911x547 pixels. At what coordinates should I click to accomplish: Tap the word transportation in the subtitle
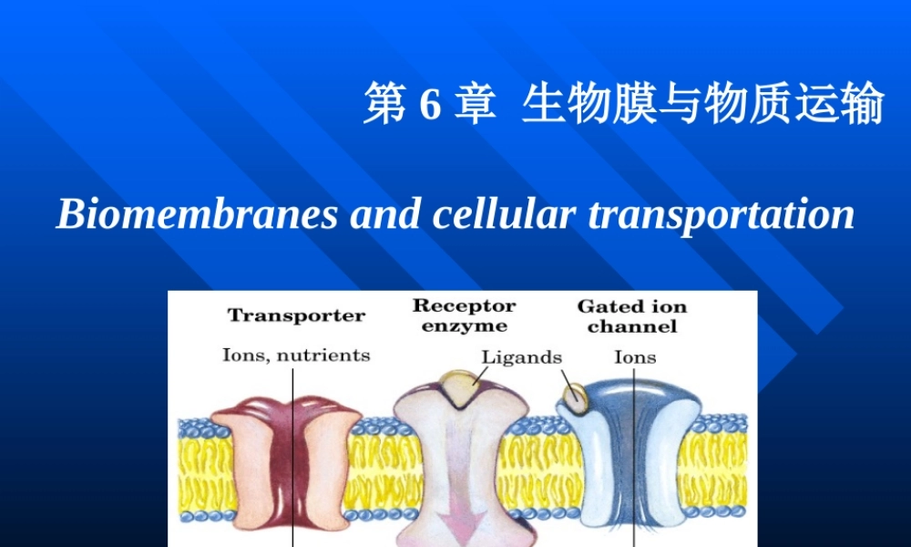[x=722, y=215]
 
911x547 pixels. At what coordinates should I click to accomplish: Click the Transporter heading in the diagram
[x=296, y=316]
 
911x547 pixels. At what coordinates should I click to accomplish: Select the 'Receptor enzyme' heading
[x=465, y=315]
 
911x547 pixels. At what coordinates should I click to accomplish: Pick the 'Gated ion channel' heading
[x=632, y=316]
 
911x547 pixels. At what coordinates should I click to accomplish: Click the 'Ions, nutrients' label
[x=296, y=355]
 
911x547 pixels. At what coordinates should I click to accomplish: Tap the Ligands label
[x=521, y=357]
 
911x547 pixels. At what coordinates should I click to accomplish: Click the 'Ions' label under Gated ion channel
[x=635, y=357]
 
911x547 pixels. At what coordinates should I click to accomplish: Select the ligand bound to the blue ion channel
[x=575, y=396]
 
